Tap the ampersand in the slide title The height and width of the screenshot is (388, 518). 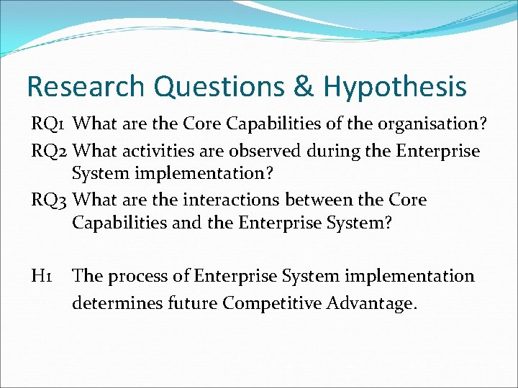tap(305, 87)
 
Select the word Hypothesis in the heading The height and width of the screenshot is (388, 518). tap(394, 88)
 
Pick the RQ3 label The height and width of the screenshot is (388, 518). tap(50, 199)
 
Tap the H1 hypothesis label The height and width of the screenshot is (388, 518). tap(42, 276)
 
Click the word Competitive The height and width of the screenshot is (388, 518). tap(271, 303)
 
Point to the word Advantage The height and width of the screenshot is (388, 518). tap(371, 303)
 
